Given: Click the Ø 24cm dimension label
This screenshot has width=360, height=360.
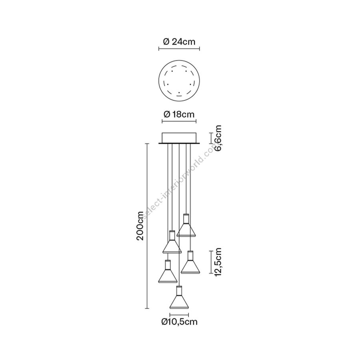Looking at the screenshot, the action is [x=179, y=42].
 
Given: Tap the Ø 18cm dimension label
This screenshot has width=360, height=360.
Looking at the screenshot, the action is [x=179, y=114].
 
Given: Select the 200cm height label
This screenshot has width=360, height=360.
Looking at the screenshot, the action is [x=140, y=226].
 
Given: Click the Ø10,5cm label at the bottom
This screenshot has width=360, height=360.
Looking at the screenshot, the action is [x=179, y=322].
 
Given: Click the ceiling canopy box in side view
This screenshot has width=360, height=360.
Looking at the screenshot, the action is [x=179, y=138].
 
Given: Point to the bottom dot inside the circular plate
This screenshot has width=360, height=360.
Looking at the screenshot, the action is [x=179, y=93].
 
